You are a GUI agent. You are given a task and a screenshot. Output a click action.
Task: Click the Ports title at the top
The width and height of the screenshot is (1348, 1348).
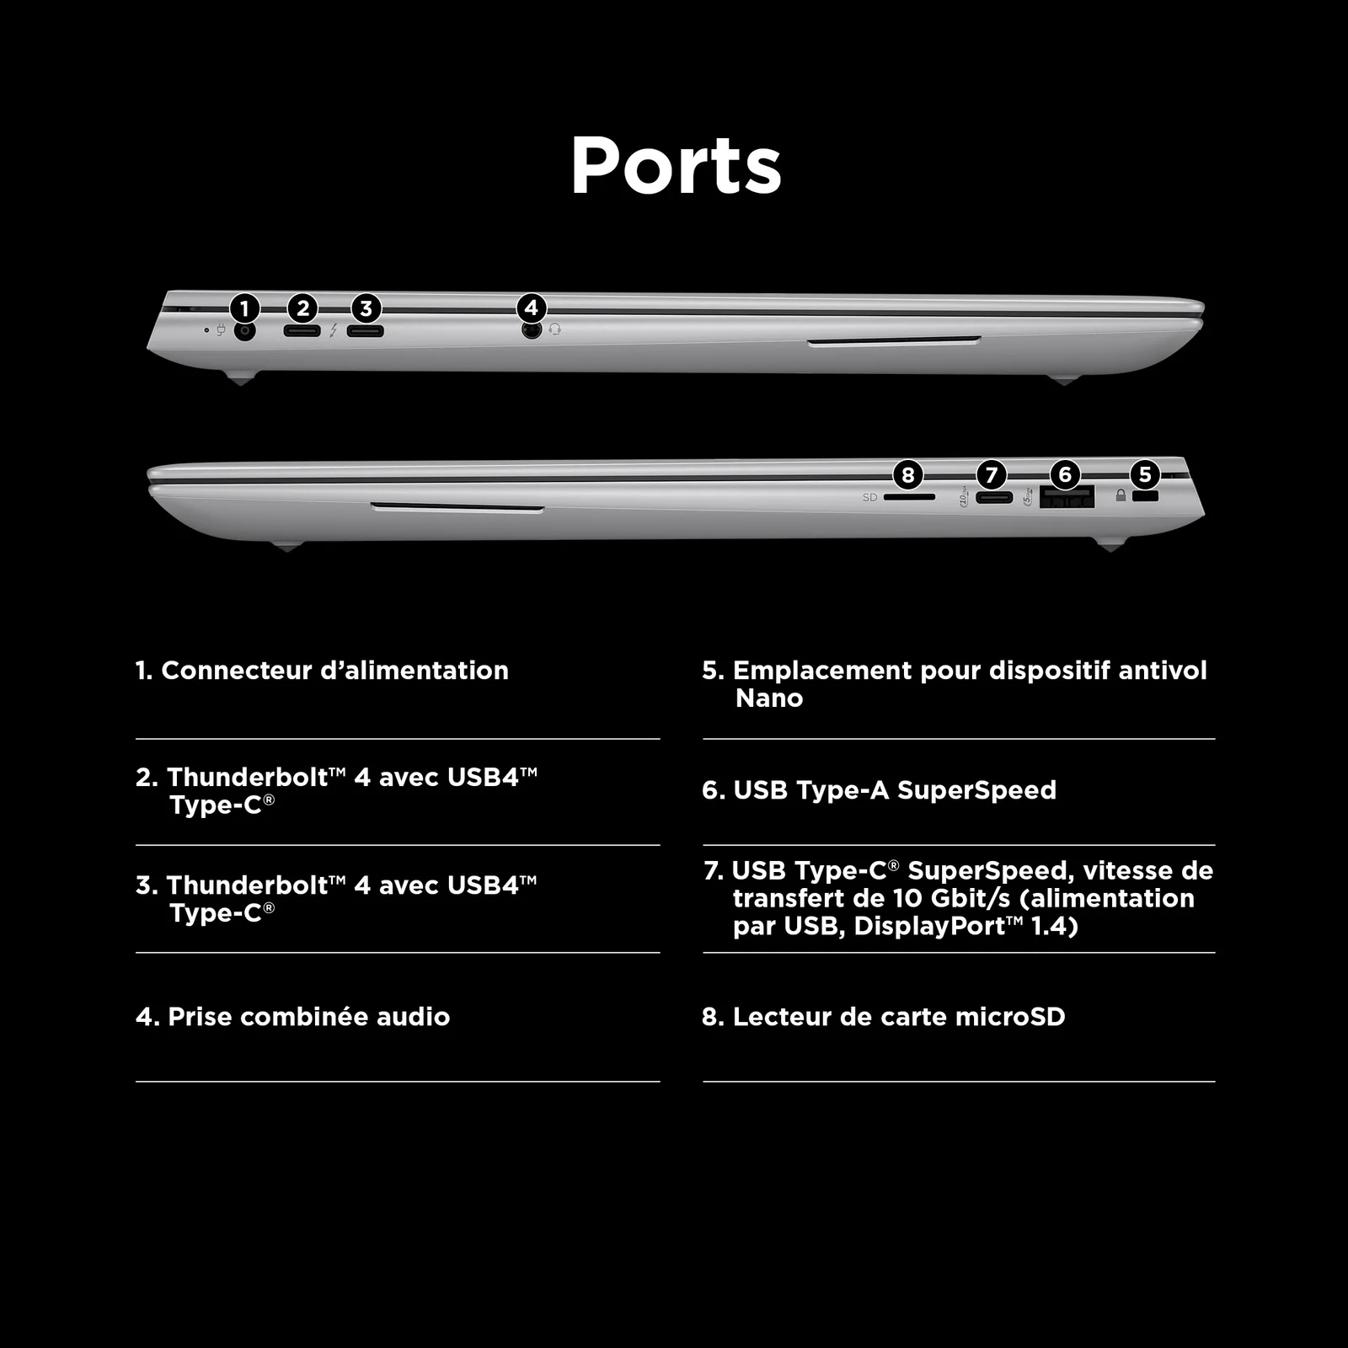[677, 165]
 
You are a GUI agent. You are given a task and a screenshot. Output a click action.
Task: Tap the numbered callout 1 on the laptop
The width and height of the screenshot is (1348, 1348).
[244, 308]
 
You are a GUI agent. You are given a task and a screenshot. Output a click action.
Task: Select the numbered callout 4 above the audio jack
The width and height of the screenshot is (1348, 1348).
[531, 308]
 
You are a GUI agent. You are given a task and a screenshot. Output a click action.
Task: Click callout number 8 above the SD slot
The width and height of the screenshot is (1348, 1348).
[907, 474]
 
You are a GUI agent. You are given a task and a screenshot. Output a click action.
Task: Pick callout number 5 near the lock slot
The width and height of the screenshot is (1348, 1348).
[1145, 473]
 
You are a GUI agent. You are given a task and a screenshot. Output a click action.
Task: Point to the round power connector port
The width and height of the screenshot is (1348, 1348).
[244, 331]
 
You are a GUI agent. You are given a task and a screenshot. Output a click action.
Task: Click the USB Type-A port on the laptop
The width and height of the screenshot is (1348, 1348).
[1067, 498]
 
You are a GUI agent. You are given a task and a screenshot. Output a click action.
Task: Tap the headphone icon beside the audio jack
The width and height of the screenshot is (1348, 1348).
[554, 329]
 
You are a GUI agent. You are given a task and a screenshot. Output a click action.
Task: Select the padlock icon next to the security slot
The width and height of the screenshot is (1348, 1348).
[1121, 495]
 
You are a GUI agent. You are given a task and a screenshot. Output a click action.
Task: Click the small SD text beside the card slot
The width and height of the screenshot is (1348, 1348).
[870, 497]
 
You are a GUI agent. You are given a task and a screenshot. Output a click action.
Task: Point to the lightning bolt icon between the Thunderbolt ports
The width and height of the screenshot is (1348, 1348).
[334, 330]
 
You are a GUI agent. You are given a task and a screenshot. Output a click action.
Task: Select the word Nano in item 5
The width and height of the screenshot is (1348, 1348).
[769, 698]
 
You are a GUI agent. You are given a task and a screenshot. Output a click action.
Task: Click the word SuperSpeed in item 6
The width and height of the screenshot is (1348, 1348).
[976, 790]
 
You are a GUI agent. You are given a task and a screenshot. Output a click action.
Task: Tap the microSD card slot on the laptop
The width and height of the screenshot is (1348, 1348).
[910, 497]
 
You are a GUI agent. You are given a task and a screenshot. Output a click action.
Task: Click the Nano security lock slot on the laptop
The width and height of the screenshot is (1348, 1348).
[1146, 496]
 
